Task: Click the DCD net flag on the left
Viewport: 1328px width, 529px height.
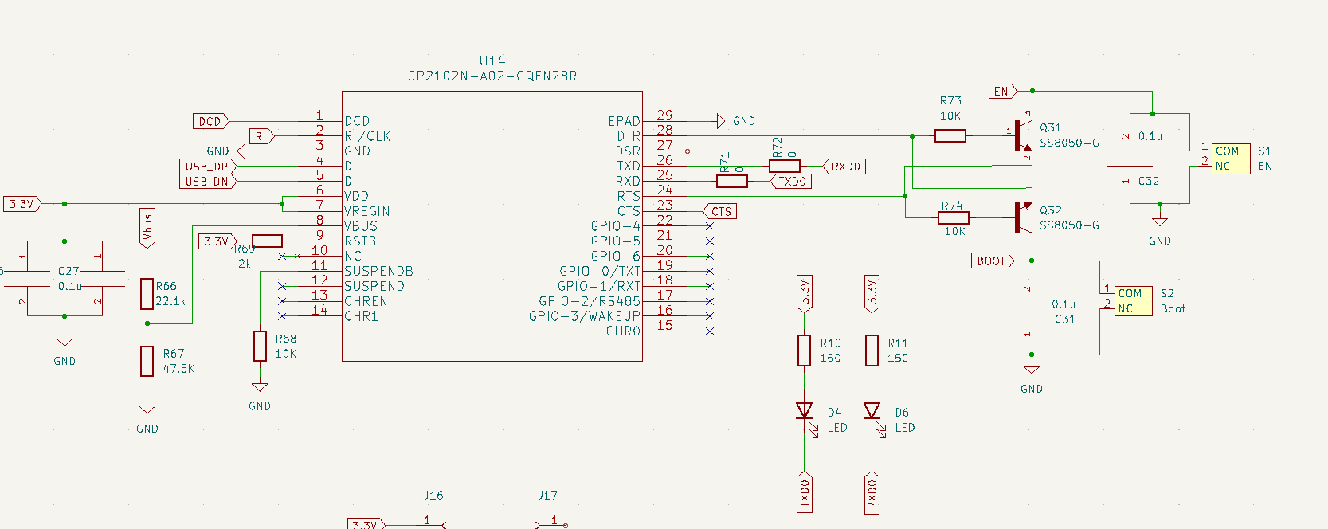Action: pyautogui.click(x=210, y=121)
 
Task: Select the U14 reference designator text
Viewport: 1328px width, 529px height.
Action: pyautogui.click(x=492, y=61)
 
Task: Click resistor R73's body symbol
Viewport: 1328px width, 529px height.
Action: pyautogui.click(x=950, y=136)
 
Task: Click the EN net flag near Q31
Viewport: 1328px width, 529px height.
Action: pyautogui.click(x=1002, y=91)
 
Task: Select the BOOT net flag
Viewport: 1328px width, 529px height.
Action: pyautogui.click(x=992, y=261)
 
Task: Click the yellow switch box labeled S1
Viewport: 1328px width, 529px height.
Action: pyautogui.click(x=1231, y=159)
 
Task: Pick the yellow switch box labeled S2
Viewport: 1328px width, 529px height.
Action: pyautogui.click(x=1133, y=301)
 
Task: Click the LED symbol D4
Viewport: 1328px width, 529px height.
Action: pyautogui.click(x=805, y=411)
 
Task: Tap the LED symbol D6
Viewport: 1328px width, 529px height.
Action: pyautogui.click(x=872, y=411)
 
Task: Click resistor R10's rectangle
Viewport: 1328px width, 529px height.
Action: pyautogui.click(x=805, y=351)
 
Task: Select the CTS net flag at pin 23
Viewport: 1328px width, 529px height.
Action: pyautogui.click(x=720, y=211)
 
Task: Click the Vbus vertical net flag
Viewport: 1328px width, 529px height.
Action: pyautogui.click(x=147, y=228)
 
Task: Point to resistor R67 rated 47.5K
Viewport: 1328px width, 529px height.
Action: pyautogui.click(x=147, y=361)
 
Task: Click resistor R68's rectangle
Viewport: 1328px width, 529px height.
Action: pyautogui.click(x=260, y=347)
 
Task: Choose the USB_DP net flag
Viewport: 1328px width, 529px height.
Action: pyautogui.click(x=207, y=167)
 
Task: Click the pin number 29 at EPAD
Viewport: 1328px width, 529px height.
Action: pyautogui.click(x=664, y=115)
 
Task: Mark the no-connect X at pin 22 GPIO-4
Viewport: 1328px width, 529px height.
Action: pyautogui.click(x=710, y=226)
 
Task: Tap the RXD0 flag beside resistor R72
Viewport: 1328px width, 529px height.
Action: pyautogui.click(x=844, y=167)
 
